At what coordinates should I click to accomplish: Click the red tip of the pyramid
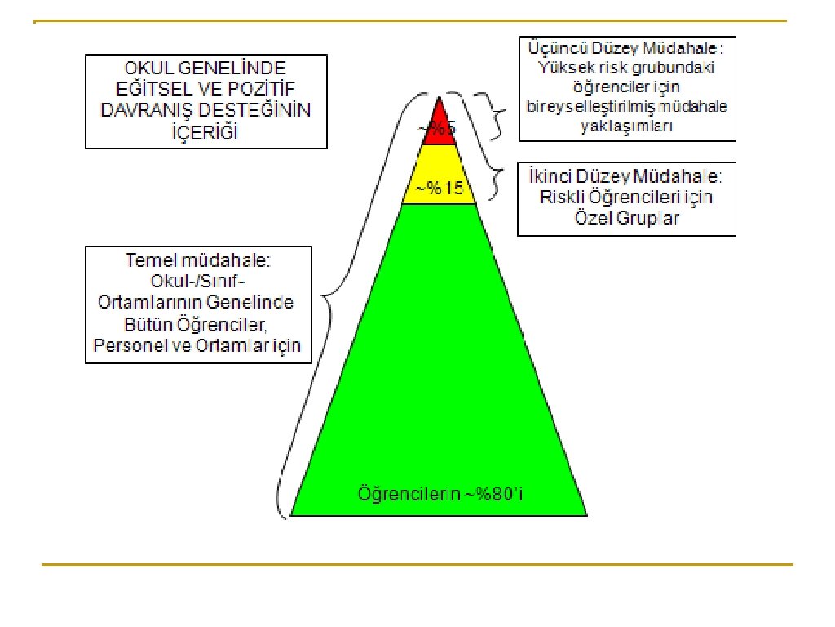[x=440, y=122]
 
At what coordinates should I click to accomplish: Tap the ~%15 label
[x=440, y=189]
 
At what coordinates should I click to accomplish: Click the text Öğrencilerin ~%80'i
[x=439, y=494]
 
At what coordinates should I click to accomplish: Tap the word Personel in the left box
[x=130, y=345]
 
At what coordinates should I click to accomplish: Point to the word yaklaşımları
[x=627, y=127]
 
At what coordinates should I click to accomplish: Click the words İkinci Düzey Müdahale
[x=625, y=176]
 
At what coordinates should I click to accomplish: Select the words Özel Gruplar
[x=626, y=219]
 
